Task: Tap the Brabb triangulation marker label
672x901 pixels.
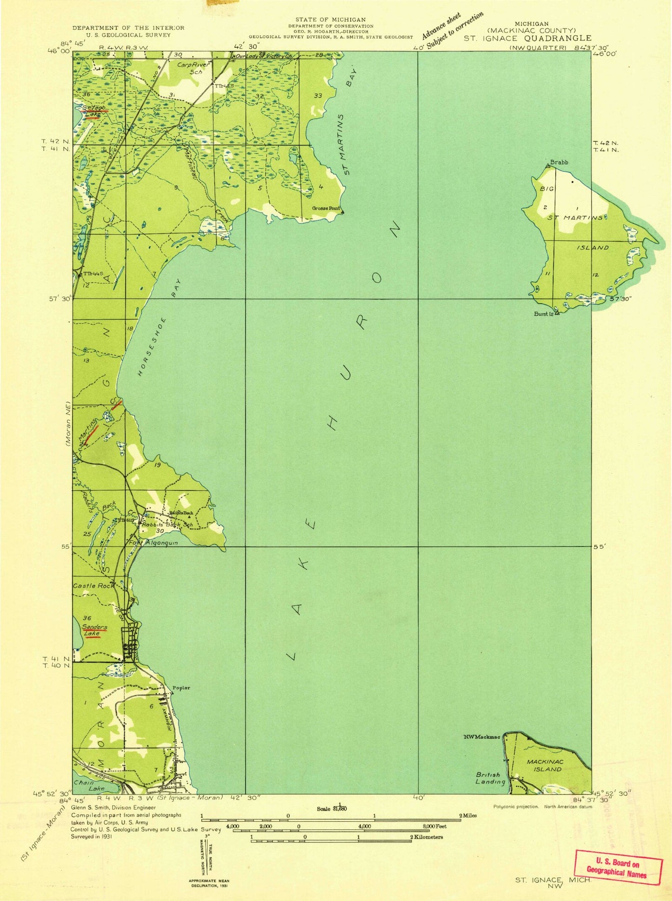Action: pyautogui.click(x=559, y=162)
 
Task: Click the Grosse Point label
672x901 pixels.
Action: pyautogui.click(x=326, y=208)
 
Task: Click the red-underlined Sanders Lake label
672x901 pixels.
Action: pyautogui.click(x=94, y=630)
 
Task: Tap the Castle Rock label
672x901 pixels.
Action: pyautogui.click(x=93, y=586)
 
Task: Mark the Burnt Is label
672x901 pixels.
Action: pyautogui.click(x=543, y=314)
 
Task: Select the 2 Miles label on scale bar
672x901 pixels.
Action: pyautogui.click(x=468, y=815)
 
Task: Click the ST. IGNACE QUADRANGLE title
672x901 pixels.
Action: pyautogui.click(x=527, y=38)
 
